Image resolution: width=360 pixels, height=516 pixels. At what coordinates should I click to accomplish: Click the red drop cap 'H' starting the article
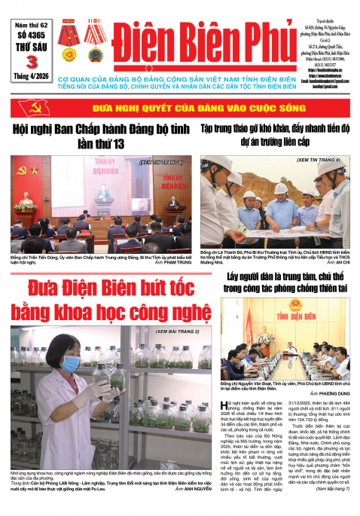tap(229, 408)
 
